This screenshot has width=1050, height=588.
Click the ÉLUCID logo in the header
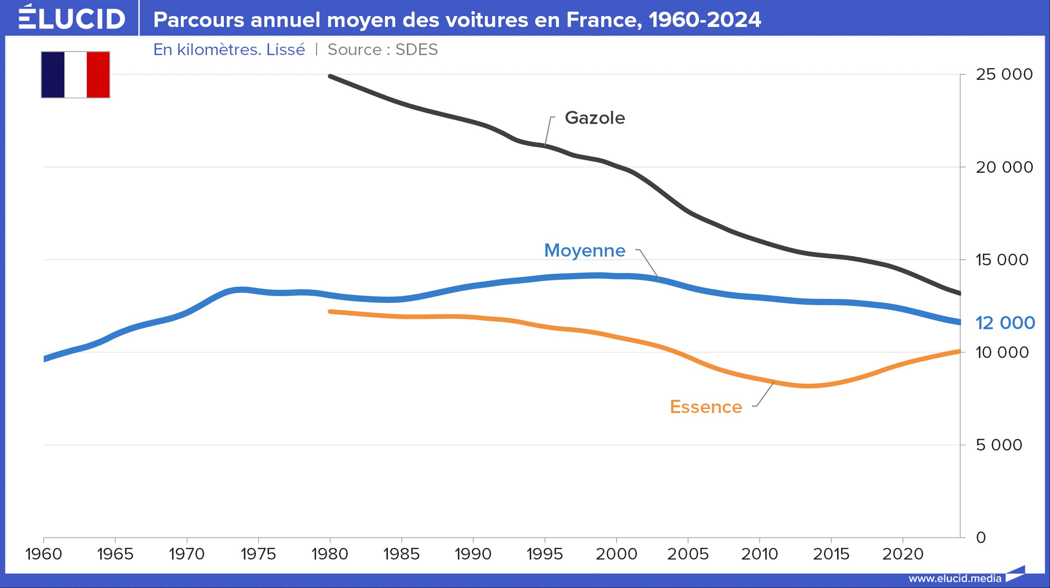pos(72,18)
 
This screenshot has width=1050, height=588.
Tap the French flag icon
pos(76,74)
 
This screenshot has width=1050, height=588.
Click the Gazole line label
pos(595,118)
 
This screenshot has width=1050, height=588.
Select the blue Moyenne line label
pos(585,250)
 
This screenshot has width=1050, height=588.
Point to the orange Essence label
pos(706,407)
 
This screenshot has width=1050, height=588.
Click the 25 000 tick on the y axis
pos(1004,74)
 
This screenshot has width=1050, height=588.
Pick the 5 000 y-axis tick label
pos(999,445)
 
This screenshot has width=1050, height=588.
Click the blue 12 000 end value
pos(1005,323)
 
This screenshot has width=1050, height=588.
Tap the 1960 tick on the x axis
pos(43,554)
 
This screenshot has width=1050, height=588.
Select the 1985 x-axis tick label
pos(401,554)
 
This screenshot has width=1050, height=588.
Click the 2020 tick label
pos(902,554)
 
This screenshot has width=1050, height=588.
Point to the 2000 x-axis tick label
pos(616,554)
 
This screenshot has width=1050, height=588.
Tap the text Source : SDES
pos(382,50)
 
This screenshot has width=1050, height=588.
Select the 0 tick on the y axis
pos(981,537)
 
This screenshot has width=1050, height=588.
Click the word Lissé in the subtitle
pos(286,50)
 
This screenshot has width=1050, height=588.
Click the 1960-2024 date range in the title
pos(705,20)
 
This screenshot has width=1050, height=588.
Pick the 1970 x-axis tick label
pos(187,554)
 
